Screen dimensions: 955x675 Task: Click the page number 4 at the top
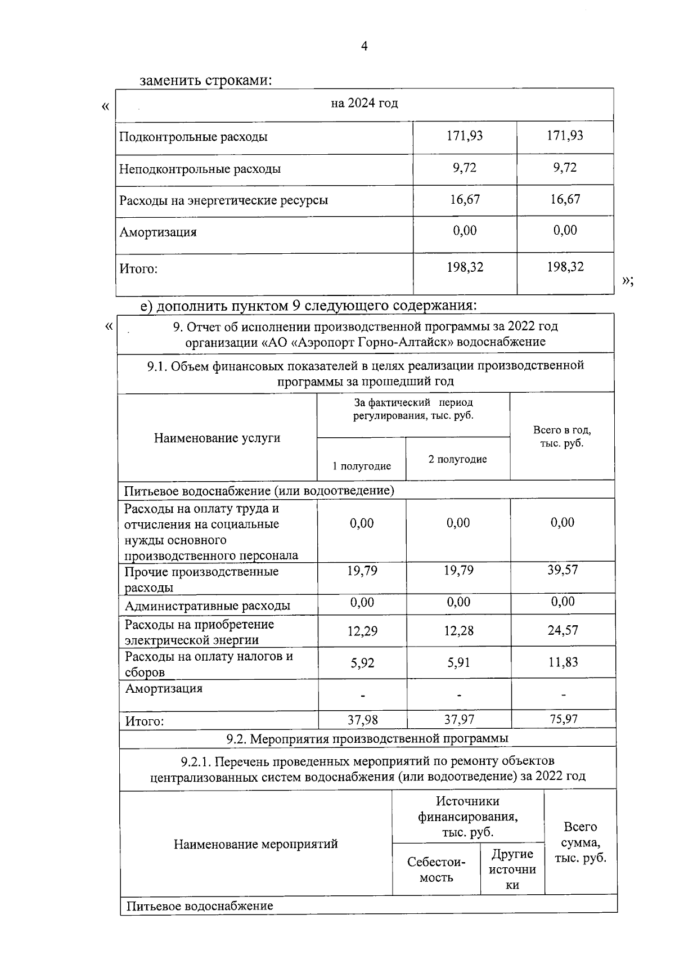[364, 46]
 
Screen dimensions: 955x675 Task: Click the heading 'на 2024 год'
[364, 104]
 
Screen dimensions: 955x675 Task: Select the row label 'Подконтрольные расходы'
[193, 137]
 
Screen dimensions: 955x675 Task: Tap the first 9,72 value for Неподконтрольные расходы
[465, 168]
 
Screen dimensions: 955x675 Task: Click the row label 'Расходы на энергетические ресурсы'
[223, 200]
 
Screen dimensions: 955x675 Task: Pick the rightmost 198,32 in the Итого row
[565, 267]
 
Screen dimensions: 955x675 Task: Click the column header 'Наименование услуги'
[217, 438]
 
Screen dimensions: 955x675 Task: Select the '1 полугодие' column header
[362, 466]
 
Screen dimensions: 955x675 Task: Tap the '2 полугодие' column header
[457, 459]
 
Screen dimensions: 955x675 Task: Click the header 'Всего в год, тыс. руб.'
[562, 437]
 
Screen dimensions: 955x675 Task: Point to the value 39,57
[562, 570]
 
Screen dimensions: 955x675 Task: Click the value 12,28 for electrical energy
[458, 631]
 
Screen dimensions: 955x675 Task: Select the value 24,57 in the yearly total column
[562, 630]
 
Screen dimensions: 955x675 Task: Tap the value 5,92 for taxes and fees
[362, 663]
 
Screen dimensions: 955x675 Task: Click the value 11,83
[563, 662]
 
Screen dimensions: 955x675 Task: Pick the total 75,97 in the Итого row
[563, 719]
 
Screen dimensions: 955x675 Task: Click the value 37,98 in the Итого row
[362, 719]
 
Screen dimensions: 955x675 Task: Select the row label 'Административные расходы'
[207, 606]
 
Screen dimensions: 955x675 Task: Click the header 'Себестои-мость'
[436, 870]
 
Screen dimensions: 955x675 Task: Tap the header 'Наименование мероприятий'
[255, 844]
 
